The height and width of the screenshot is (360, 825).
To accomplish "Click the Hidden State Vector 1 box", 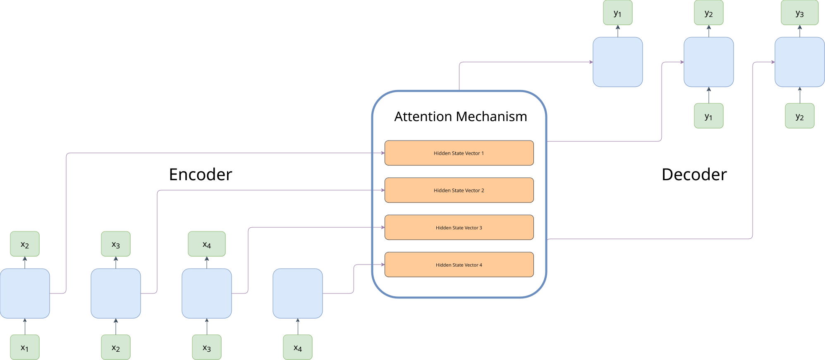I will coord(459,153).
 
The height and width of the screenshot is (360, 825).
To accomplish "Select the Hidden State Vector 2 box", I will coord(459,190).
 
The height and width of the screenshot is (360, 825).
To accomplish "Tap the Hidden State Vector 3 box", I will coord(459,227).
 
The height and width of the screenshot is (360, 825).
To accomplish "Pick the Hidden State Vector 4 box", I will coord(459,265).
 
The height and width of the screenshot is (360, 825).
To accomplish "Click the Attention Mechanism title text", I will coord(460,117).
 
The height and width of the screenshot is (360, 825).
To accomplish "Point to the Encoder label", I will coord(201,174).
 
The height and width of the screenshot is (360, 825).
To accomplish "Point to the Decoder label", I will coord(694,174).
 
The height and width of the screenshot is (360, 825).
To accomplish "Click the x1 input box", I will coord(25,347).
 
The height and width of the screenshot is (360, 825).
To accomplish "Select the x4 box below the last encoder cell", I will coord(298,347).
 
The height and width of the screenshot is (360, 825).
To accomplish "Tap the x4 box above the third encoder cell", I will coord(207,244).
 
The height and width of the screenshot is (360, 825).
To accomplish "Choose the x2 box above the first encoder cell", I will coord(25,244).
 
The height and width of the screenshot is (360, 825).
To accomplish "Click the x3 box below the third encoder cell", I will coord(207,347).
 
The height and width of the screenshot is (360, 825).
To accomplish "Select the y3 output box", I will coord(799,13).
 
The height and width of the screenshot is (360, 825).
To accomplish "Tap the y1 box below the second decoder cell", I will coord(708,116).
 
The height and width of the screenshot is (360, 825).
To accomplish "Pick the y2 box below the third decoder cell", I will coord(799,116).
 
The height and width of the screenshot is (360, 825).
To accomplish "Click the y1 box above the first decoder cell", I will coord(617,13).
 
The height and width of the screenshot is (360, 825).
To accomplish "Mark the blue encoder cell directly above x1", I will coord(25,293).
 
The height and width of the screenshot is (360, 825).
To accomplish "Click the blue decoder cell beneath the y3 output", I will coord(799,62).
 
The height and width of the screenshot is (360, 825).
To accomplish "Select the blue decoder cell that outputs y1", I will coord(617,62).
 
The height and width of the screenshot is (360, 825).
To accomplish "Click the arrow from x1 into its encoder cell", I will coord(25,327).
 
